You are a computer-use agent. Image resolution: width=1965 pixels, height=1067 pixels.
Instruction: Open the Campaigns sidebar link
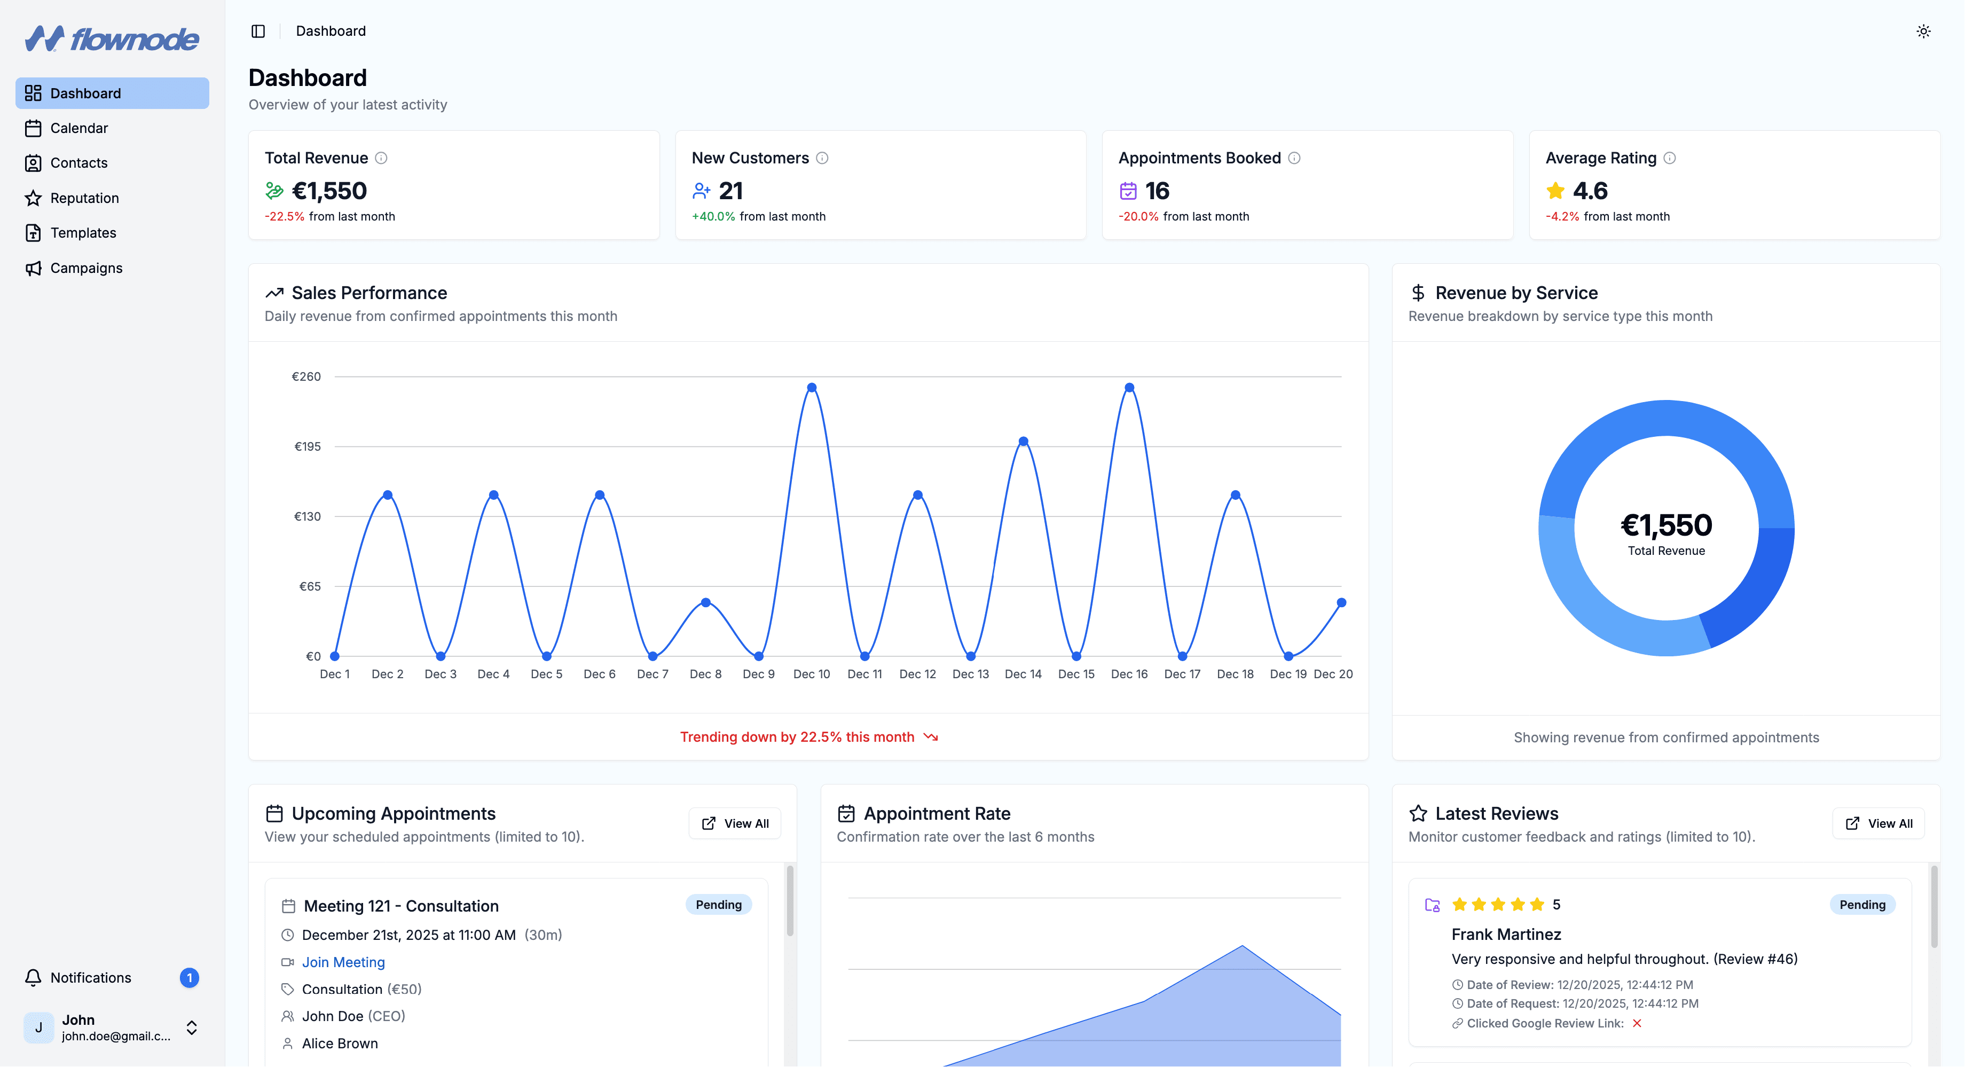85,268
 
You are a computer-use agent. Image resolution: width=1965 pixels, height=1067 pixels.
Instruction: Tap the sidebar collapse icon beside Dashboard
258,32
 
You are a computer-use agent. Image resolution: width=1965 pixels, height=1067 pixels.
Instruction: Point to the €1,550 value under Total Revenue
329,191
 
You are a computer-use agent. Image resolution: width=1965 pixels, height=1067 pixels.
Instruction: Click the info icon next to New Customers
822,158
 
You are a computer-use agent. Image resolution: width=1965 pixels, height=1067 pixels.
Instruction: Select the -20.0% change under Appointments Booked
1138,217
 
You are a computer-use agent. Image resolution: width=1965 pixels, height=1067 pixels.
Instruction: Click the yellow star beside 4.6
1555,191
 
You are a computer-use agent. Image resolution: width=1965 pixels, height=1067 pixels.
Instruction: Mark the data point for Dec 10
812,388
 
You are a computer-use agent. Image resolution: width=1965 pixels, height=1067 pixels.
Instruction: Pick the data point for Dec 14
1023,442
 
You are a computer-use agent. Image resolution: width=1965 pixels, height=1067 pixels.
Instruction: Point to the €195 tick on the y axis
308,446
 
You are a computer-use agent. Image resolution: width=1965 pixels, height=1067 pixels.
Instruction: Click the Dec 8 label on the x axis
705,674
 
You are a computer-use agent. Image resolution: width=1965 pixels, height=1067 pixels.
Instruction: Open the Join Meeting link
343,962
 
